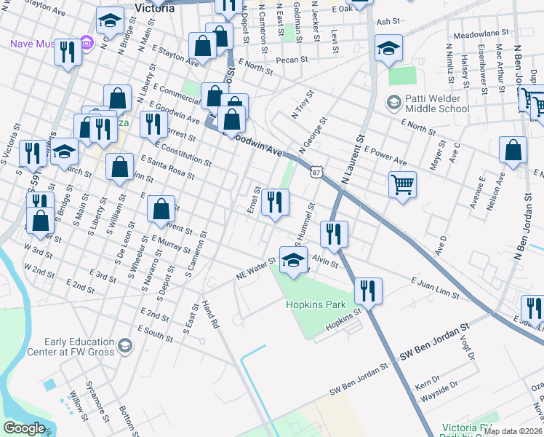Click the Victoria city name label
154,8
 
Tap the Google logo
24,428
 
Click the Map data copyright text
513,431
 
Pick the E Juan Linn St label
435,288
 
